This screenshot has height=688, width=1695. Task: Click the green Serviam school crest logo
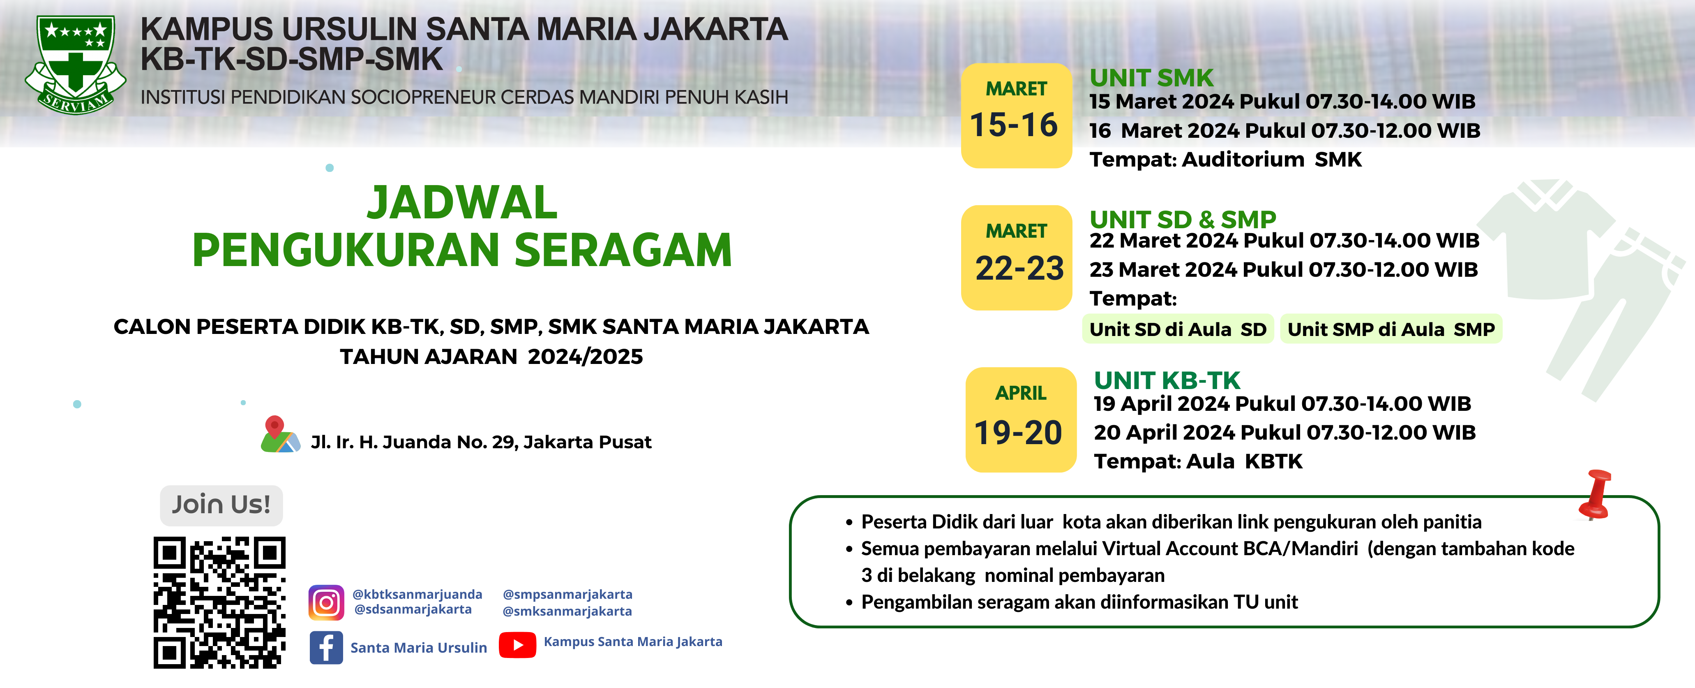coord(76,65)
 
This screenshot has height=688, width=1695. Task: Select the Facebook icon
coord(326,647)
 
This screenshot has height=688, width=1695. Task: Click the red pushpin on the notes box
coord(1596,494)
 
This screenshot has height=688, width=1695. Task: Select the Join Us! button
coord(221,505)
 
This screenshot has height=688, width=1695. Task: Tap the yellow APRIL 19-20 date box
coord(1021,419)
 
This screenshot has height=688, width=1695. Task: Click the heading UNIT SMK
coord(1151,78)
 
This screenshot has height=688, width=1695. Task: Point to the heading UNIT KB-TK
coord(1167,380)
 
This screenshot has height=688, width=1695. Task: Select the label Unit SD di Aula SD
coord(1178,329)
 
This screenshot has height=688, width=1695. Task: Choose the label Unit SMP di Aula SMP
coord(1391,329)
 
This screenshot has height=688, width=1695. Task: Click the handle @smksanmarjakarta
coord(567,611)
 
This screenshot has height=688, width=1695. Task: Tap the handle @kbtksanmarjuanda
coord(417,594)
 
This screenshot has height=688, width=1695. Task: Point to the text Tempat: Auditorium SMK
coord(1225,159)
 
